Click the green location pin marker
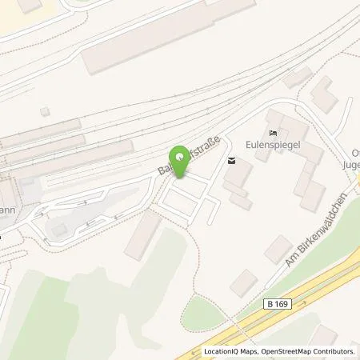click(180, 157)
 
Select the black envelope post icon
click(231, 161)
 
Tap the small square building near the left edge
click(46, 112)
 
